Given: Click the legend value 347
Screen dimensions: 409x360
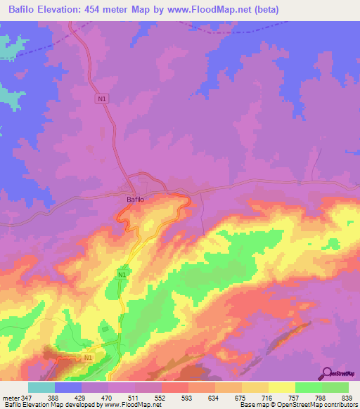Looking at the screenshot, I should pyautogui.click(x=28, y=398).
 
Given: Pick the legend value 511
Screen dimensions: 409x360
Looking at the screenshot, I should pyautogui.click(x=148, y=398).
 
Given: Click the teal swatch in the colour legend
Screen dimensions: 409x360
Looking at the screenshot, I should pyautogui.click(x=41, y=387).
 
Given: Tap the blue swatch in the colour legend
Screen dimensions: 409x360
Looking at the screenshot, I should pyautogui.click(x=68, y=387).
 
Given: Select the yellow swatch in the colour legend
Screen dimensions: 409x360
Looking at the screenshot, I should pyautogui.click(x=281, y=387).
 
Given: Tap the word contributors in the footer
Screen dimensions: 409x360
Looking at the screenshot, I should pyautogui.click(x=342, y=405).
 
